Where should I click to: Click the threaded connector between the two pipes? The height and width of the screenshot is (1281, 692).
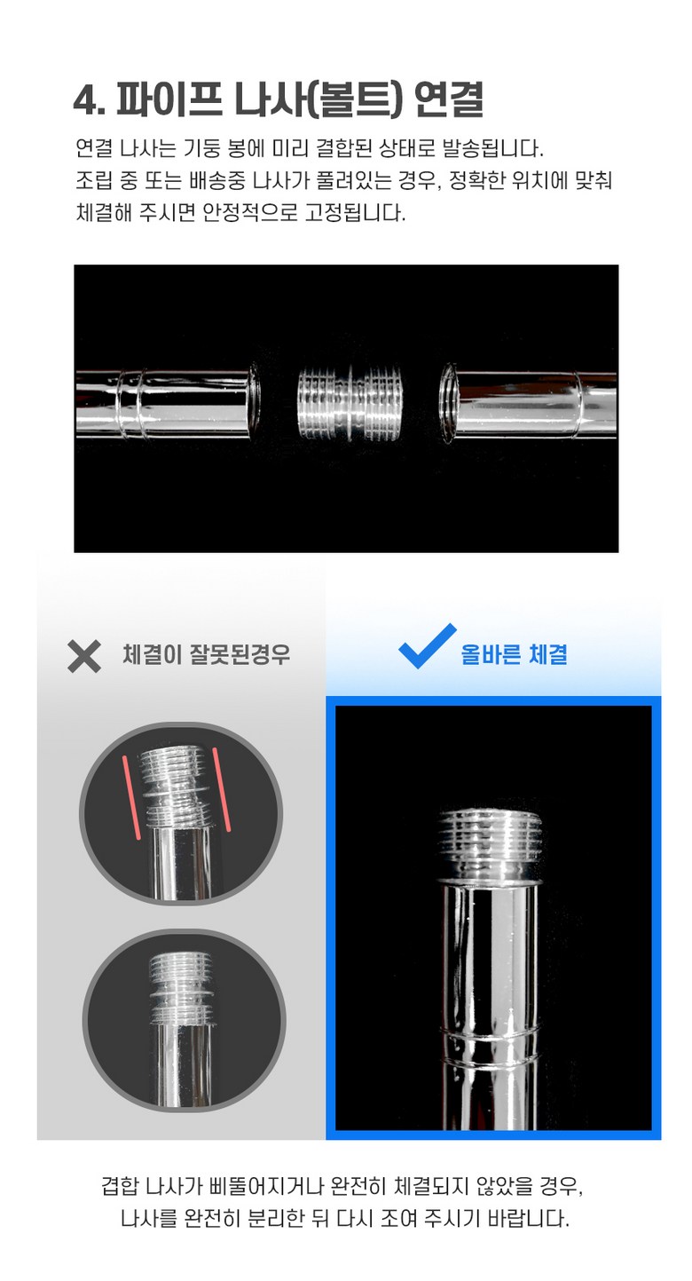point(349,403)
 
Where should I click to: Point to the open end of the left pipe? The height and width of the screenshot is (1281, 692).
point(254,404)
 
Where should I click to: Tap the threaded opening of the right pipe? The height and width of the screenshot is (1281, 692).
point(448,404)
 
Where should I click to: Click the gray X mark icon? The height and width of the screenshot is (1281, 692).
point(84,655)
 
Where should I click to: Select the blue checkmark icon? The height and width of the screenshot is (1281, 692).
point(427,645)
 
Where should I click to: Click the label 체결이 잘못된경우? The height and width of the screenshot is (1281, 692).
point(207,654)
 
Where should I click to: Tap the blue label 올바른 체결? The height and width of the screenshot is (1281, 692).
point(514,654)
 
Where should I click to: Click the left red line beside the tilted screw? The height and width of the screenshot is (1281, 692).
point(131,797)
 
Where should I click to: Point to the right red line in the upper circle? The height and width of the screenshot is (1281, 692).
point(222,788)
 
